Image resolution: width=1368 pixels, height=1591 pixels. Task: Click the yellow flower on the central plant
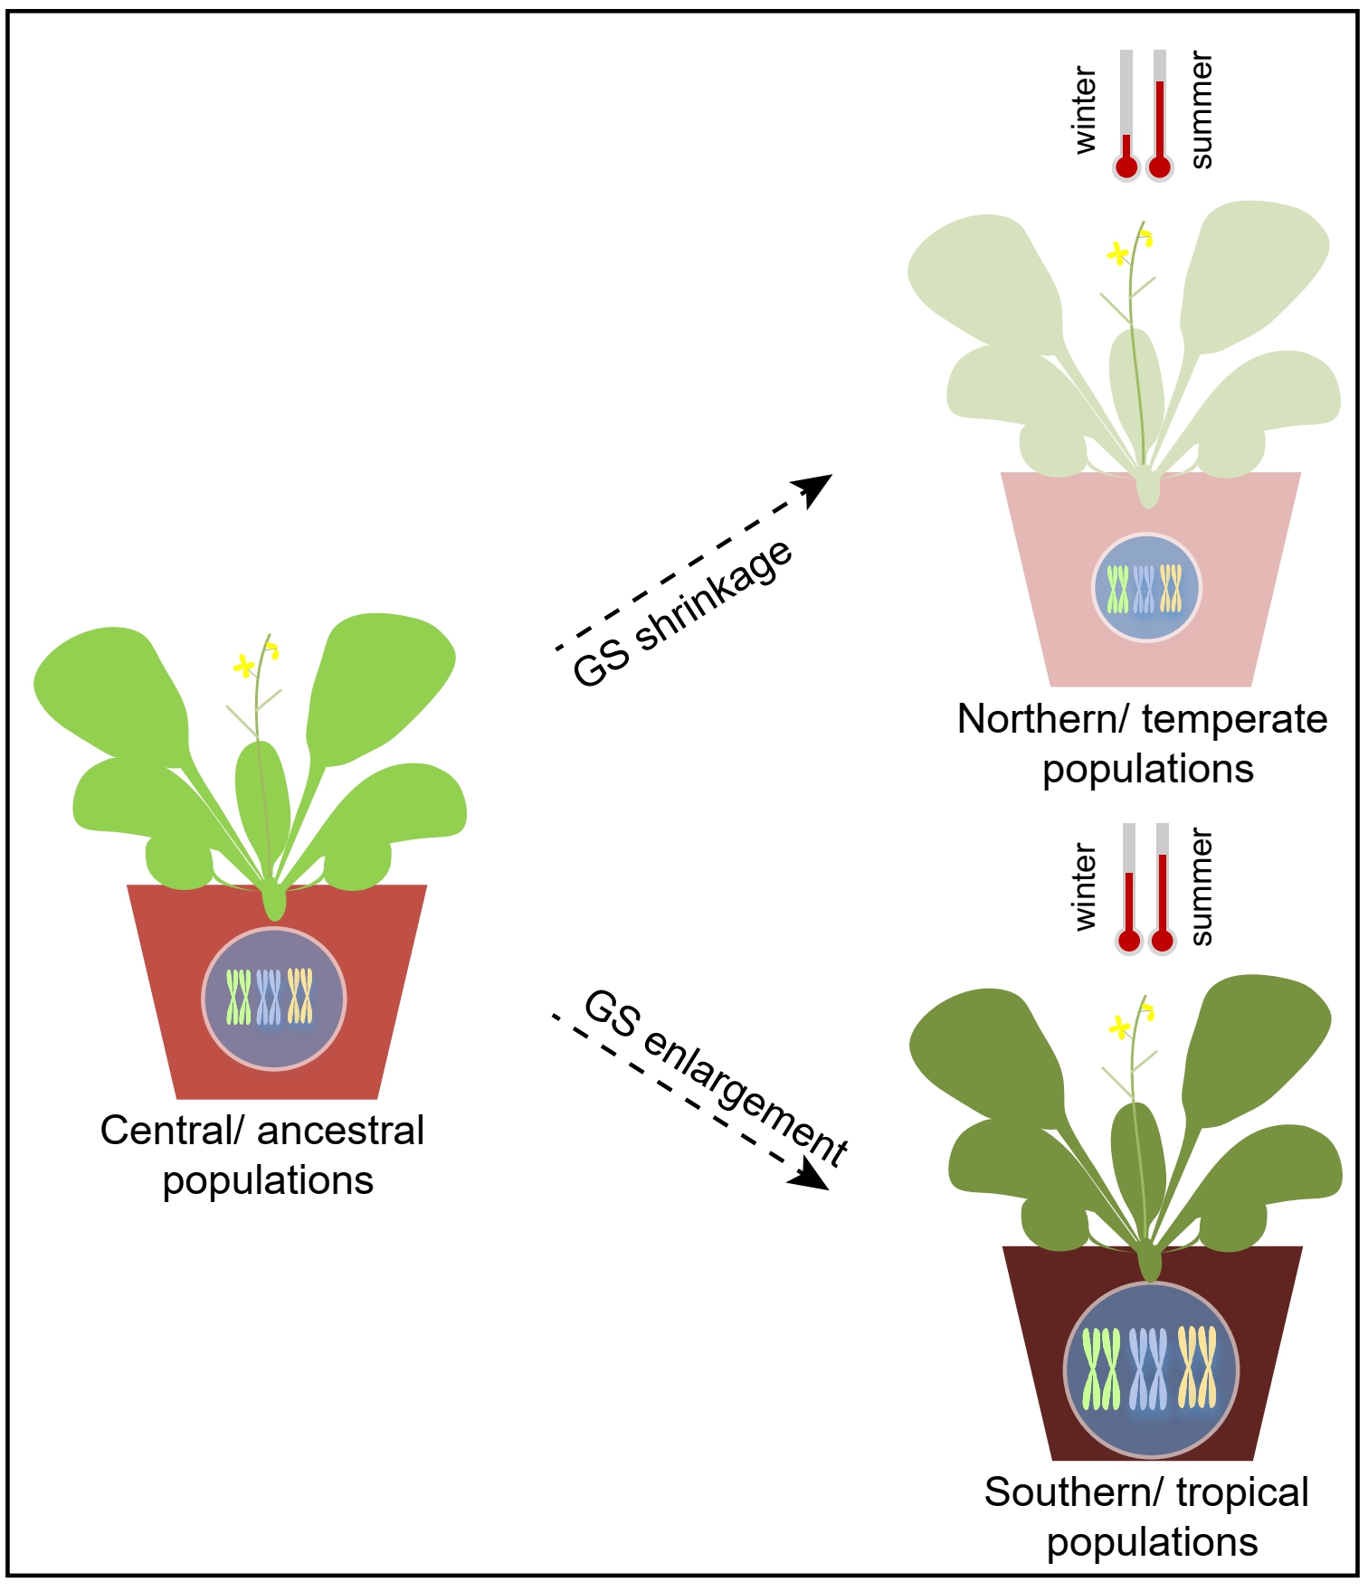pyautogui.click(x=243, y=667)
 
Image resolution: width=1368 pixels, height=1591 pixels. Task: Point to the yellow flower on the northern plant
pyautogui.click(x=1118, y=253)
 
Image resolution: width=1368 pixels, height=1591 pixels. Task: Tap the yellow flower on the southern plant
pyautogui.click(x=1120, y=1027)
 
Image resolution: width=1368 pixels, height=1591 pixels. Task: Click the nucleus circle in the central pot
pyautogui.click(x=273, y=999)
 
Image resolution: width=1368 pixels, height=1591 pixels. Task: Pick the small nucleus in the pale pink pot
pyautogui.click(x=1146, y=588)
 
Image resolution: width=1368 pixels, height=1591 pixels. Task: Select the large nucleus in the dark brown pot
pyautogui.click(x=1150, y=1369)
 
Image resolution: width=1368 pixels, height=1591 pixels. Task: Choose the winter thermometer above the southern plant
pyautogui.click(x=1128, y=891)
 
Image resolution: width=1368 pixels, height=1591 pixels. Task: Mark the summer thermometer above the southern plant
pyautogui.click(x=1162, y=891)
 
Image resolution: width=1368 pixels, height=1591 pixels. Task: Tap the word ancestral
pyautogui.click(x=341, y=1131)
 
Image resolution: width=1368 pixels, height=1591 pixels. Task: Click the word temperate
pyautogui.click(x=1235, y=720)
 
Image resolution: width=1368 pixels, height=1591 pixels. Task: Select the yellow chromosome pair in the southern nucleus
pyautogui.click(x=1197, y=1367)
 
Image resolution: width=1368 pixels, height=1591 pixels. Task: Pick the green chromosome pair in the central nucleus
pyautogui.click(x=239, y=998)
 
